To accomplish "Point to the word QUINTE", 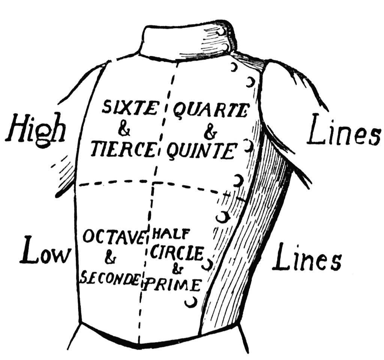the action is (x=201, y=151).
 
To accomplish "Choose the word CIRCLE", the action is (x=177, y=253).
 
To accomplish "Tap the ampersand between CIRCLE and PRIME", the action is (x=175, y=269).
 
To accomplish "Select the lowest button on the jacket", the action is (x=192, y=302).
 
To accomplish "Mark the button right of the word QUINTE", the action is (x=247, y=146).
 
